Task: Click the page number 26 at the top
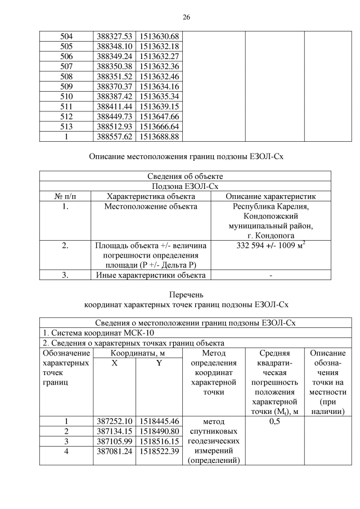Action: click(186, 17)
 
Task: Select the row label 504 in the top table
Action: click(66, 37)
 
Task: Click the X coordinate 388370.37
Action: click(114, 87)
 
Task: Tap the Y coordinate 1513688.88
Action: click(159, 137)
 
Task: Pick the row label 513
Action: click(66, 127)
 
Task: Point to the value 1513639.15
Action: click(159, 106)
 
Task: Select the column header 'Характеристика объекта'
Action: click(151, 196)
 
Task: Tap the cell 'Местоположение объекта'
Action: click(151, 206)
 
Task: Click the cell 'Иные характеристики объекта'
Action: click(151, 275)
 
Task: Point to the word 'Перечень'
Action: click(186, 294)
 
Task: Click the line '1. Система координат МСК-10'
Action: click(92, 333)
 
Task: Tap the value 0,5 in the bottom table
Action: click(274, 421)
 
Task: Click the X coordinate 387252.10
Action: click(114, 421)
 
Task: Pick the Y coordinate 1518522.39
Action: click(159, 452)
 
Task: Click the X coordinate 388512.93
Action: click(114, 127)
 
